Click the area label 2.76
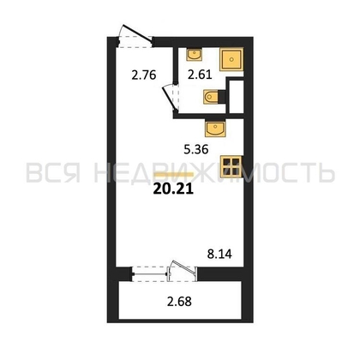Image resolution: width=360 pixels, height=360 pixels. [144, 75]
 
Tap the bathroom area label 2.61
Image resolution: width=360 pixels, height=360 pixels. [200, 75]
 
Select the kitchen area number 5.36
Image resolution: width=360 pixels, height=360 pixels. [196, 149]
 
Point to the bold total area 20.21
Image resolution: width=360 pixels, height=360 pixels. [173, 189]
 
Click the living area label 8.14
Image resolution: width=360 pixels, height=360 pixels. [219, 254]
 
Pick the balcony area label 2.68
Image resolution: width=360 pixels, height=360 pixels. [179, 302]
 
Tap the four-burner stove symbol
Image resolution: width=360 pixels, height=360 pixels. [231, 166]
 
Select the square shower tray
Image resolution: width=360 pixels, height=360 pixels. [231, 59]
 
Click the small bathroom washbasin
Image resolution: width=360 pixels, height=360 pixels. [194, 54]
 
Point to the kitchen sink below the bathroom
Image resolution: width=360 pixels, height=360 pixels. [215, 129]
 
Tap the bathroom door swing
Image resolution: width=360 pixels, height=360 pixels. [171, 98]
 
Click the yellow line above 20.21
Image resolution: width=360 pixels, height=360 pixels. [174, 174]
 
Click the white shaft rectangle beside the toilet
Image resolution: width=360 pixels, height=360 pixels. [237, 96]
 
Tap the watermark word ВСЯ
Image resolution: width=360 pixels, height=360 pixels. [53, 172]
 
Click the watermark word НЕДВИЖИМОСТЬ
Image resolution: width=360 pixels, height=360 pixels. [214, 172]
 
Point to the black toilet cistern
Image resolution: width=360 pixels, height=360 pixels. [222, 97]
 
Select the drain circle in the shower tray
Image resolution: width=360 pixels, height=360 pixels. [231, 59]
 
